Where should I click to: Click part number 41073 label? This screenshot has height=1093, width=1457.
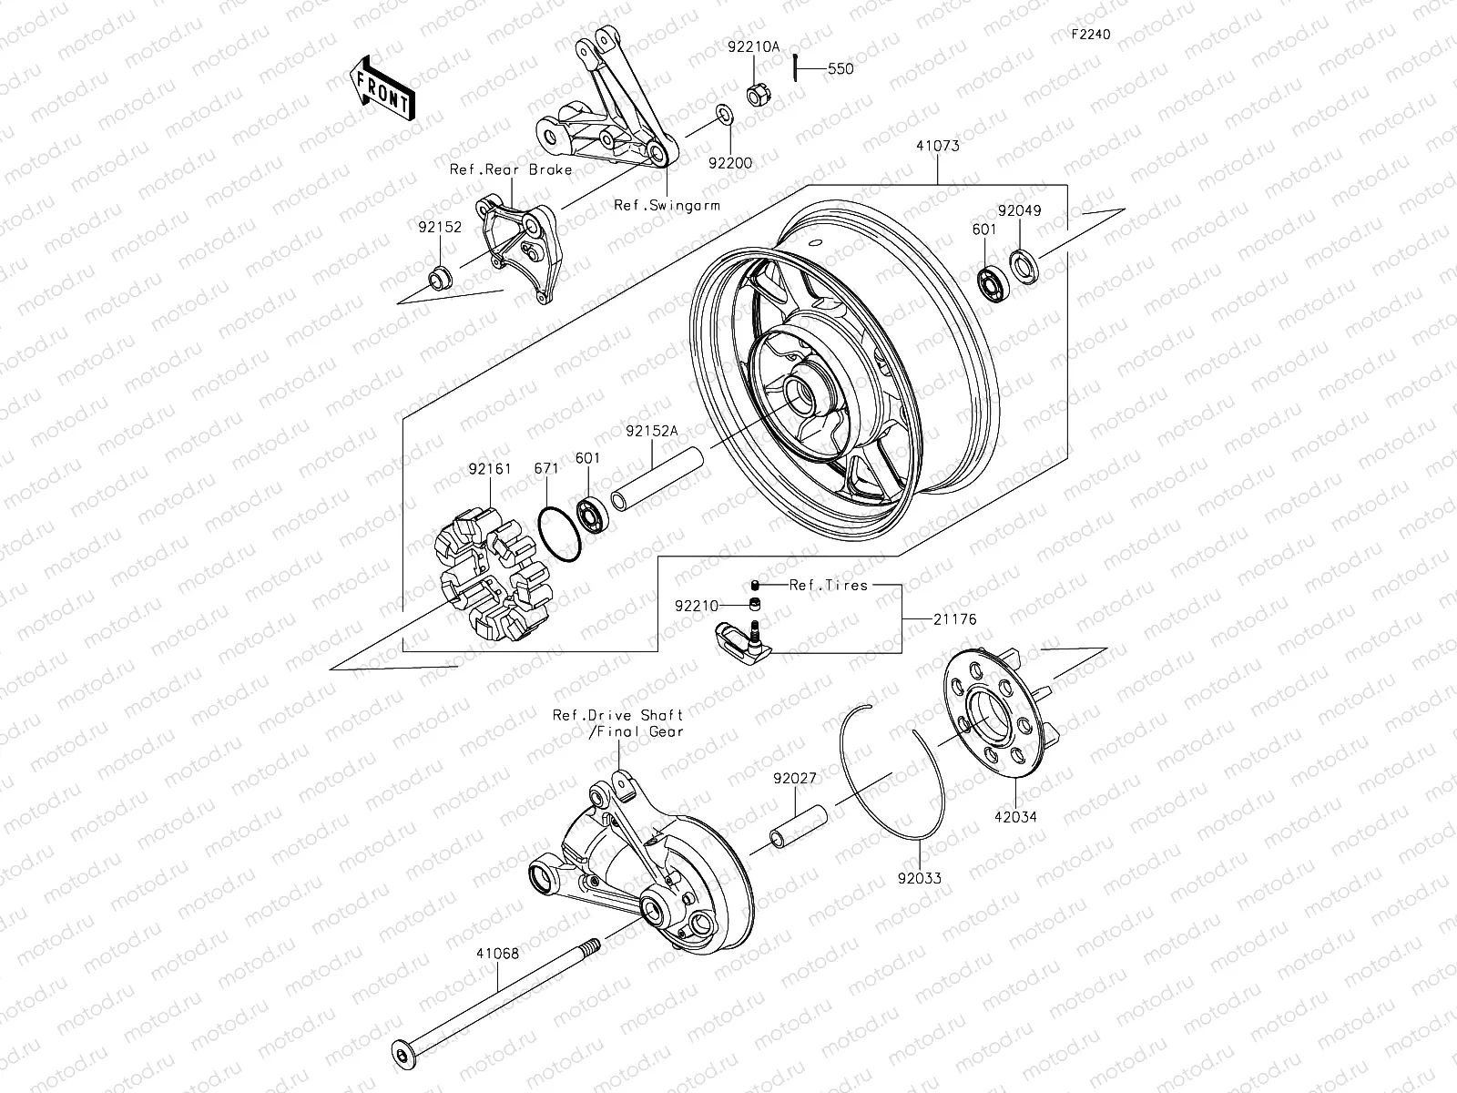click(938, 145)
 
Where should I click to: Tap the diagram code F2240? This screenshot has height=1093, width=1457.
click(1091, 35)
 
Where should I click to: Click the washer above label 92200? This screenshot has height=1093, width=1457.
click(722, 114)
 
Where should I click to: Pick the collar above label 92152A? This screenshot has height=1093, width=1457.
click(659, 477)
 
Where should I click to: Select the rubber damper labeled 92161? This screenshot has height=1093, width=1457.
click(493, 574)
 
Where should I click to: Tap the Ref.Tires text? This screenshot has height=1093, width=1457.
click(829, 585)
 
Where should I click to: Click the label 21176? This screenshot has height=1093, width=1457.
click(954, 618)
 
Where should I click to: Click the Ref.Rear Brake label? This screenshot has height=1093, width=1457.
click(524, 169)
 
